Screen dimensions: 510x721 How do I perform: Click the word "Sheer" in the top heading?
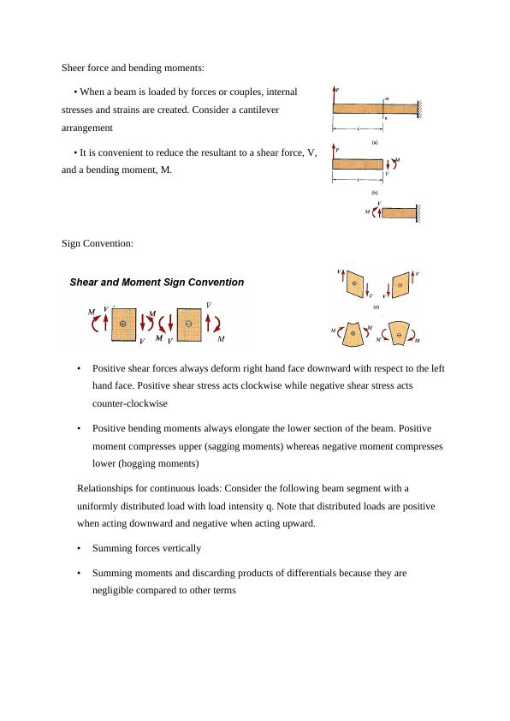pyautogui.click(x=73, y=68)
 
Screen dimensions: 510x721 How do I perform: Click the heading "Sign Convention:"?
pyautogui.click(x=98, y=243)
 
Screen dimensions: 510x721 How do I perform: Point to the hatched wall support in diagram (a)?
pyautogui.click(x=419, y=110)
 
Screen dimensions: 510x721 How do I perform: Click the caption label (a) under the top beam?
pyautogui.click(x=375, y=142)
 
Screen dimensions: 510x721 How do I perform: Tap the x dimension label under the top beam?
pyautogui.click(x=358, y=129)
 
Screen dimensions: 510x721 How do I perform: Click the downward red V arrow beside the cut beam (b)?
pyautogui.click(x=388, y=164)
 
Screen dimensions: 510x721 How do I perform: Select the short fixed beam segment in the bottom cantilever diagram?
pyautogui.click(x=400, y=213)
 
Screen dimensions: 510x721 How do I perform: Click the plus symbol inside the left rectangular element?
pyautogui.click(x=122, y=324)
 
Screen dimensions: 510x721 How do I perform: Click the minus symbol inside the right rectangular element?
pyautogui.click(x=188, y=324)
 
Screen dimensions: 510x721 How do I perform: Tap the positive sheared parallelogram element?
pyautogui.click(x=354, y=283)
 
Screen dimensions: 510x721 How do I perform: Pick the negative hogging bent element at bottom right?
pyautogui.click(x=400, y=333)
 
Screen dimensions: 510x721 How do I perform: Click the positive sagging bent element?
pyautogui.click(x=353, y=333)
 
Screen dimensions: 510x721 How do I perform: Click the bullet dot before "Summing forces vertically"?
pyautogui.click(x=79, y=549)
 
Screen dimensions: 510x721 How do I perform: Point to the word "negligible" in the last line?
pyautogui.click(x=111, y=590)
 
